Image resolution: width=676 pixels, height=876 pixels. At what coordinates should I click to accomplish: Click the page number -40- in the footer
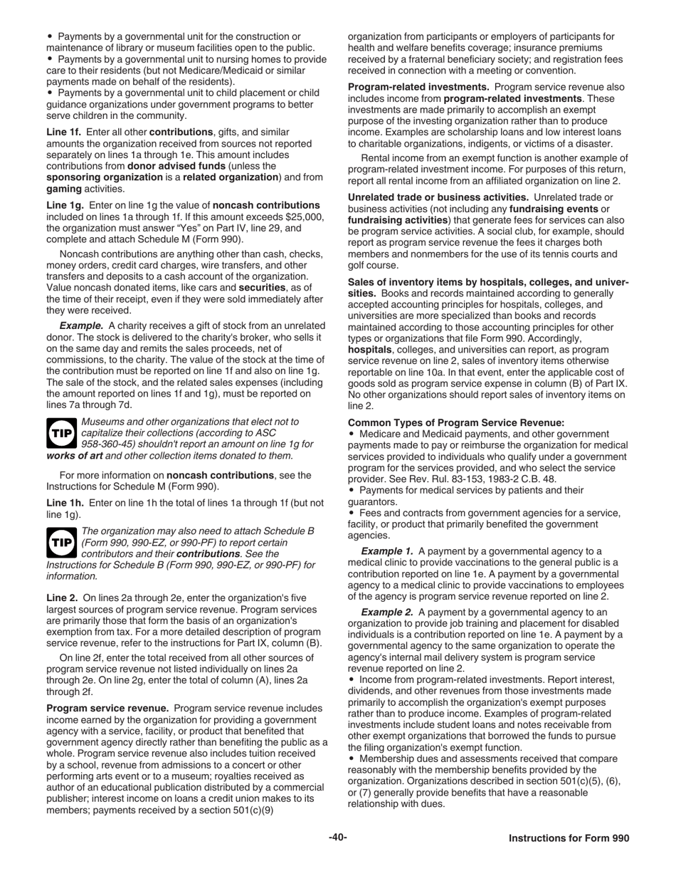tap(338, 838)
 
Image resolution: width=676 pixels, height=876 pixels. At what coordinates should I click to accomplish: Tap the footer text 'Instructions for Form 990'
tap(569, 838)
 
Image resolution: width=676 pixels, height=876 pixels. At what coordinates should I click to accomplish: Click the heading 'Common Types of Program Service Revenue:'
tap(455, 423)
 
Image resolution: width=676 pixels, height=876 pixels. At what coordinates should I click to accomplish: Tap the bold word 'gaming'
tap(64, 189)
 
